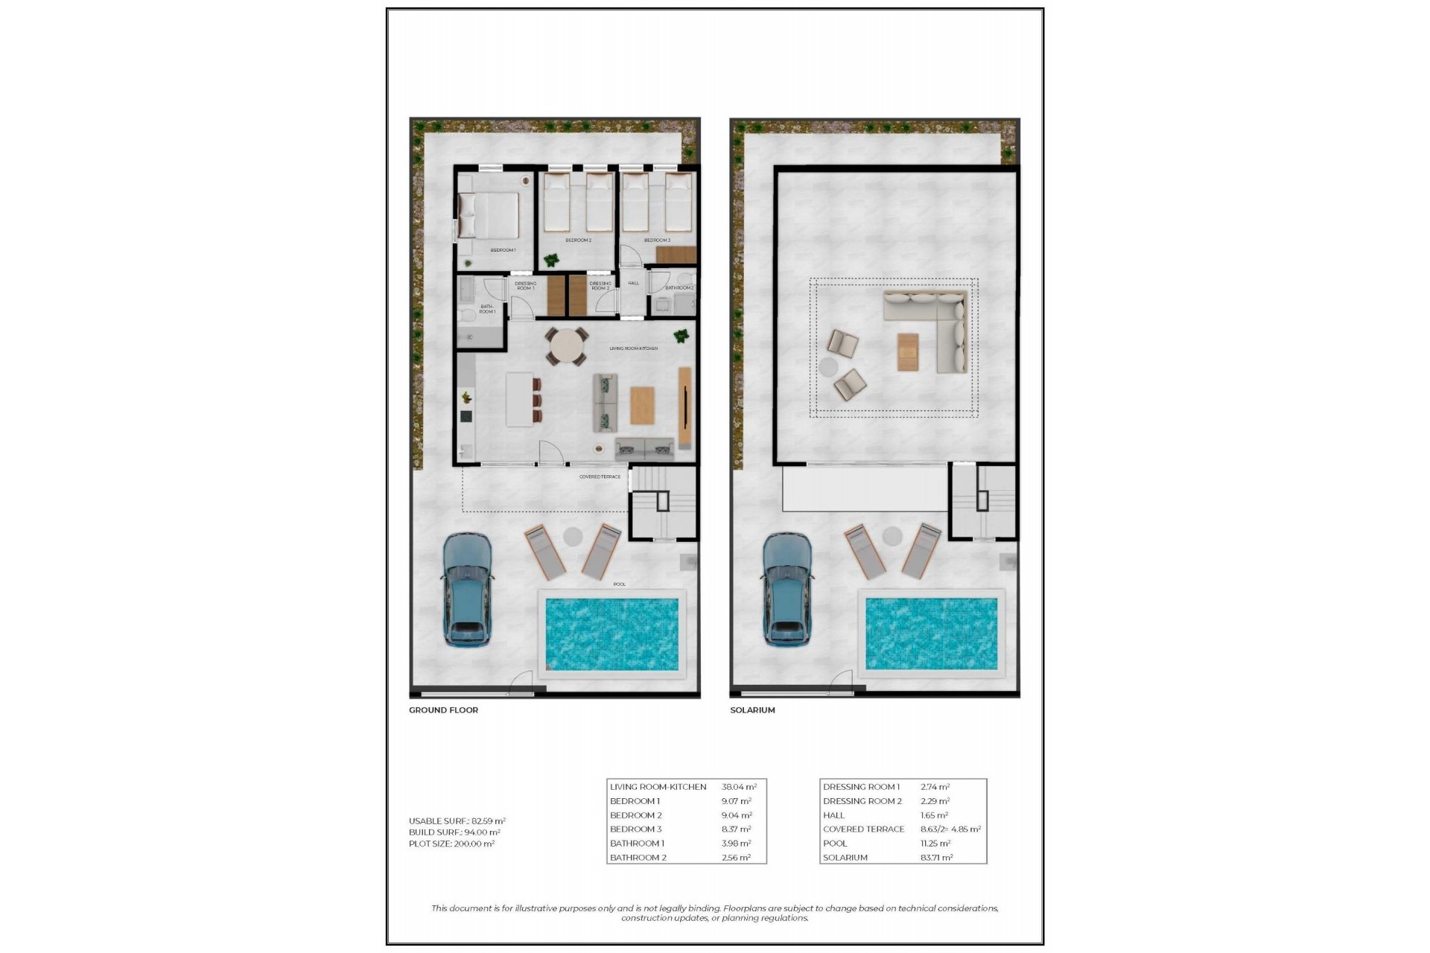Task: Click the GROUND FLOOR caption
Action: (443, 710)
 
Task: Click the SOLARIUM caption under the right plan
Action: (752, 710)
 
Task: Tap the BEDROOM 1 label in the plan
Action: (503, 250)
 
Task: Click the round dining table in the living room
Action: (567, 347)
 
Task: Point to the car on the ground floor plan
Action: (467, 589)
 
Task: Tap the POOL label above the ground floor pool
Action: (620, 584)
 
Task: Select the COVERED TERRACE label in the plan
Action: (600, 476)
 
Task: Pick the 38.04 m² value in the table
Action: (739, 787)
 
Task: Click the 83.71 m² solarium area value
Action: (936, 858)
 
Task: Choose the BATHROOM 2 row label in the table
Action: (638, 858)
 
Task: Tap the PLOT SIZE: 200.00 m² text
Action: (451, 844)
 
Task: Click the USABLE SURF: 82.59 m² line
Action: (457, 821)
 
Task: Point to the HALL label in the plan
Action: (633, 283)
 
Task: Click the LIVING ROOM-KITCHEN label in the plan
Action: (633, 348)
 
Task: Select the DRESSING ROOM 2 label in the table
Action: (862, 801)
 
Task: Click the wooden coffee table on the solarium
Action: (908, 351)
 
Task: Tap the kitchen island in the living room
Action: (519, 399)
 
